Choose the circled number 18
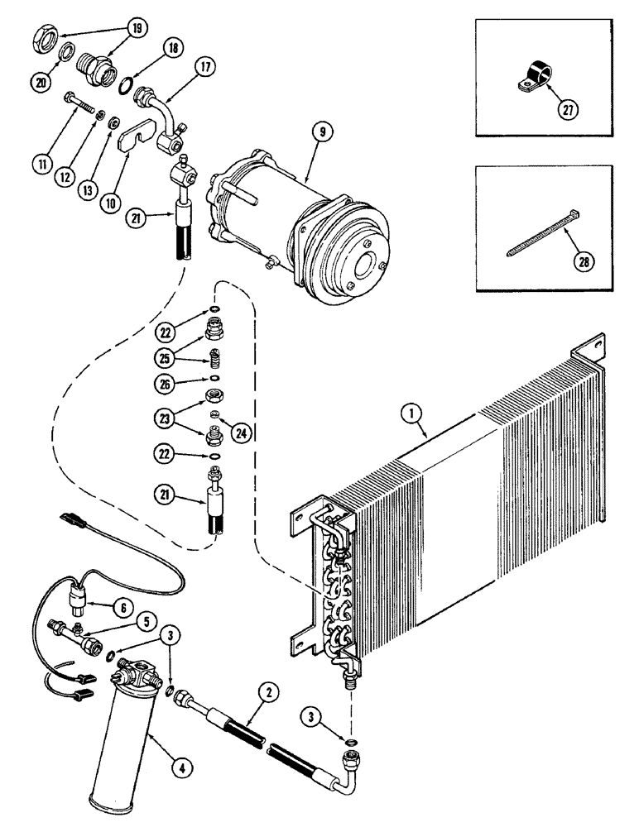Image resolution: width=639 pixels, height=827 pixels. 174,50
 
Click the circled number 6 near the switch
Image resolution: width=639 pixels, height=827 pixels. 123,606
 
